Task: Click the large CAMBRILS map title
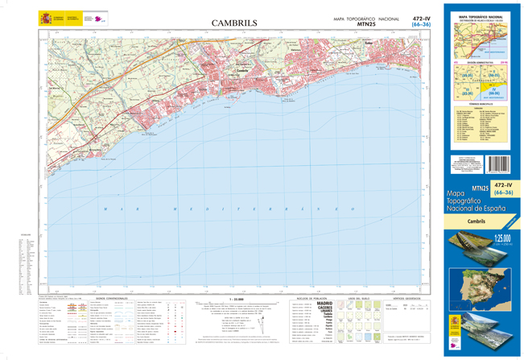pos(234,23)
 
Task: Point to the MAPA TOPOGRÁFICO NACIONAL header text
pos(366,18)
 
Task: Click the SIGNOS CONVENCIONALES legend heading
pos(111,297)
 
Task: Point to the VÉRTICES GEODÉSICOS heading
pos(406,297)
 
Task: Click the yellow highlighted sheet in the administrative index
pos(496,93)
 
